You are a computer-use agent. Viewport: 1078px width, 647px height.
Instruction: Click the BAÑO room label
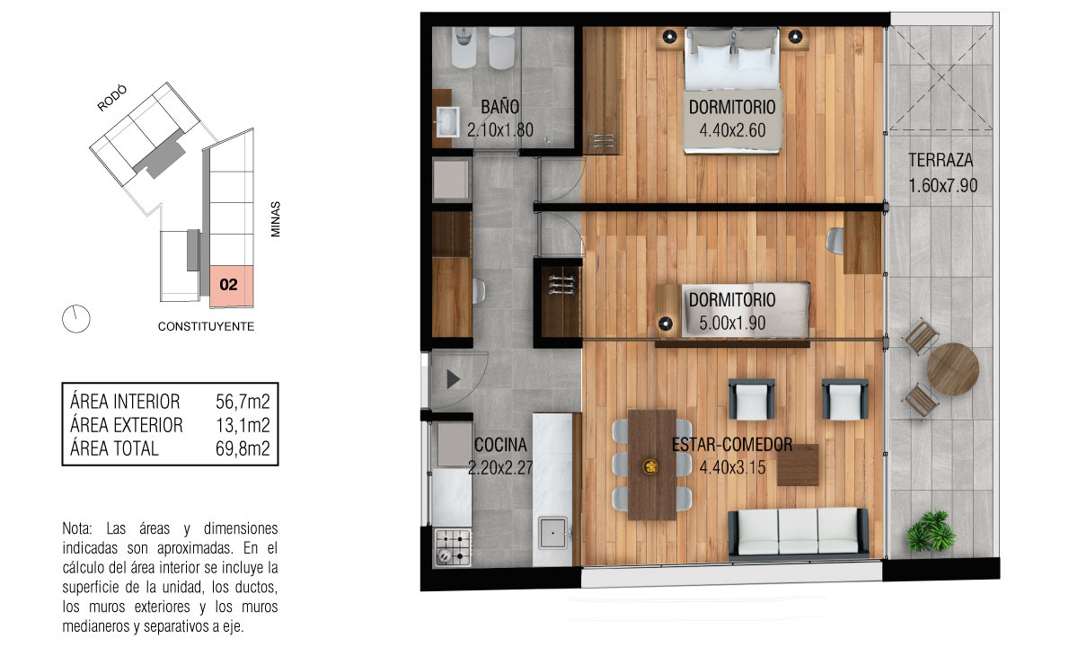[500, 107]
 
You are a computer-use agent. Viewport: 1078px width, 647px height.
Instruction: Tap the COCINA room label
[500, 445]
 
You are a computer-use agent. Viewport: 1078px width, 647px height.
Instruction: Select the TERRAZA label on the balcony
[941, 160]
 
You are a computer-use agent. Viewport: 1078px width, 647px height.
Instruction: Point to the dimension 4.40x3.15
[732, 467]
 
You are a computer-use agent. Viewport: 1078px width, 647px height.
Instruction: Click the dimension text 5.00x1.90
[732, 323]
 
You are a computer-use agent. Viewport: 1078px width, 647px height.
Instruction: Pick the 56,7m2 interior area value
[243, 402]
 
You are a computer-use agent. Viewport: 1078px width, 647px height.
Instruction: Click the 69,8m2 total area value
[243, 448]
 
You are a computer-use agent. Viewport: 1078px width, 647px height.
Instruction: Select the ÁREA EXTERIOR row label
[127, 425]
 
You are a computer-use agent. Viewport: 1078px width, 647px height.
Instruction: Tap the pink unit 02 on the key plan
[231, 286]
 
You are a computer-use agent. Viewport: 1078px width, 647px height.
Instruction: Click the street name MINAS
[275, 219]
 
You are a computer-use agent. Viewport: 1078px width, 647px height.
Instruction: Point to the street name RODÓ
[112, 98]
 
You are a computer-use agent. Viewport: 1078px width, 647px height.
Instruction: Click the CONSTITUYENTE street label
[206, 326]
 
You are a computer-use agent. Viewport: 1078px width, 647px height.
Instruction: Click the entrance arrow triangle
[453, 379]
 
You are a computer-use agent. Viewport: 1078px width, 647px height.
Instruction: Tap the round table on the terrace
[952, 369]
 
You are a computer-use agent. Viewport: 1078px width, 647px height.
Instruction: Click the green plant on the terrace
[930, 530]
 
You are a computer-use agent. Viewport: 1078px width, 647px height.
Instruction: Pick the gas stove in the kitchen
[453, 547]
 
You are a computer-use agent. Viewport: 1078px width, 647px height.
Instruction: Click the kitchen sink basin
[552, 533]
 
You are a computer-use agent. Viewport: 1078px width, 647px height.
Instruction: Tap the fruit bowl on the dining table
[650, 466]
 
